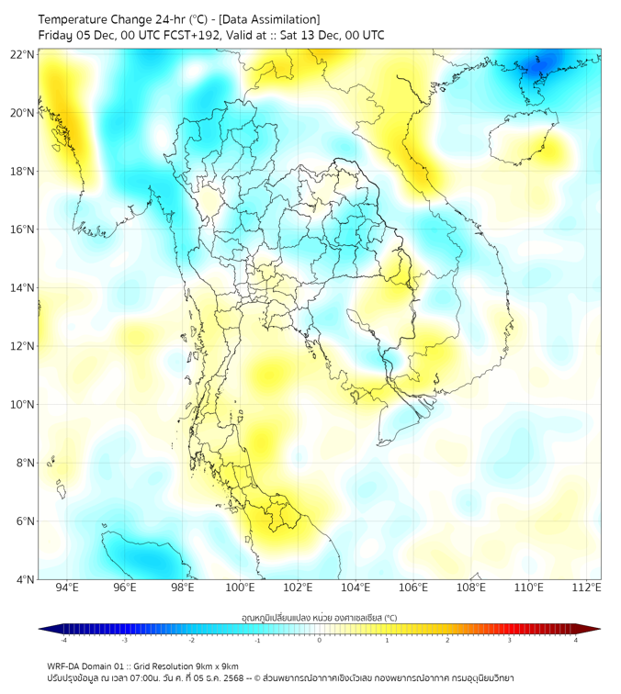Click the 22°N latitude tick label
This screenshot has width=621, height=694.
tap(23, 54)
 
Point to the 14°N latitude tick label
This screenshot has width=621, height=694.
tap(23, 287)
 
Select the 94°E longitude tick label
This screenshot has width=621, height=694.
tap(67, 588)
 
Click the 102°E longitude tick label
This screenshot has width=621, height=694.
tap(298, 588)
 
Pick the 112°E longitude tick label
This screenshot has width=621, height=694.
tap(586, 588)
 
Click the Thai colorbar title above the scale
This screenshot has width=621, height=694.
tap(319, 617)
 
